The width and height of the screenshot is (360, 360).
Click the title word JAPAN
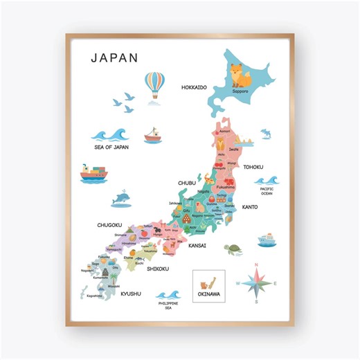(x=115, y=57)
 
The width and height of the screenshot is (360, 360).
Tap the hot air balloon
(x=154, y=85)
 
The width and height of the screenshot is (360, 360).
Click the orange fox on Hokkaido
(x=238, y=73)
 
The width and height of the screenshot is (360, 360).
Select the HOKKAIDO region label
(x=194, y=88)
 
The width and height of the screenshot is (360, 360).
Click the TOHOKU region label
(x=253, y=167)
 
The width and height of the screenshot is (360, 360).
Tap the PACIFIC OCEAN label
(x=267, y=191)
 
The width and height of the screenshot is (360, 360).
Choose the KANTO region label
(x=250, y=207)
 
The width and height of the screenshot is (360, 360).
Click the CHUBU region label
(x=187, y=183)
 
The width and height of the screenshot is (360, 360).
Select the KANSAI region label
(x=197, y=246)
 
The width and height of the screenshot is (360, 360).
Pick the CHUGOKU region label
(x=109, y=225)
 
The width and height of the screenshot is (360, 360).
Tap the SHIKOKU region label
(x=158, y=269)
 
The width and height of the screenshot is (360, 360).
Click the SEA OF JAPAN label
(x=111, y=147)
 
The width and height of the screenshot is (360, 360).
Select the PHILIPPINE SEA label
(x=168, y=305)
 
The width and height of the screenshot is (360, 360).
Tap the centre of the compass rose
(x=255, y=282)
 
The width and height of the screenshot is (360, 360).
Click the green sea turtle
(x=233, y=247)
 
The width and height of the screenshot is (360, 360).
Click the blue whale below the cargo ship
(x=122, y=199)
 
